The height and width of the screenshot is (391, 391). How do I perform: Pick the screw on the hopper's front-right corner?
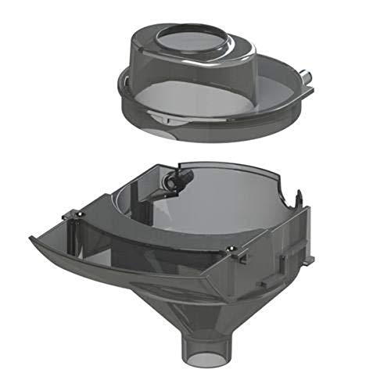point(234,248)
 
